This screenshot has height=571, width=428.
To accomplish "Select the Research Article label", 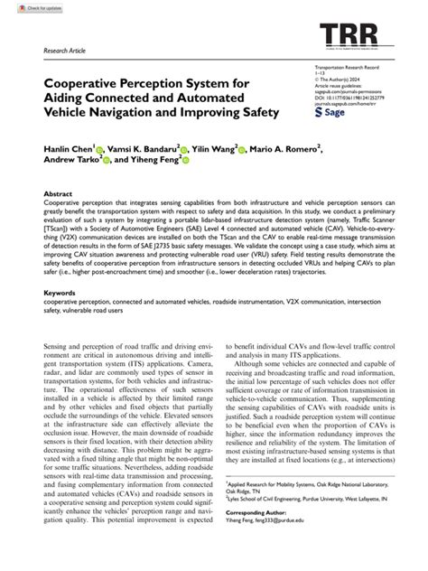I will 65,51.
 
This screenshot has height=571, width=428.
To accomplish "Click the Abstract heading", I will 58,194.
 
